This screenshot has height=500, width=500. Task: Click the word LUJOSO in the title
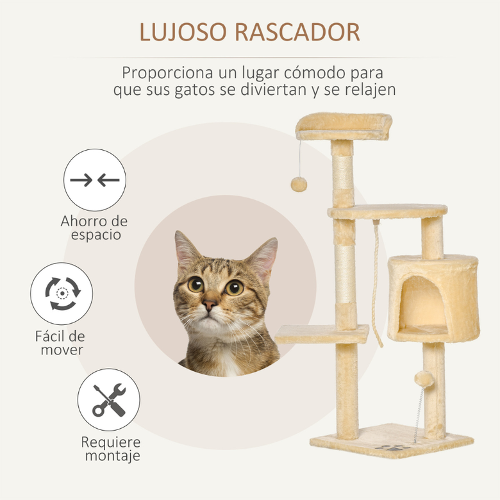(x=179, y=32)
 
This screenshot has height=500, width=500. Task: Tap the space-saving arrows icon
(x=95, y=180)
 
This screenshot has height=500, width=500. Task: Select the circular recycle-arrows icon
(x=62, y=294)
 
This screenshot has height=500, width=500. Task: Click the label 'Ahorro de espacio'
(x=94, y=228)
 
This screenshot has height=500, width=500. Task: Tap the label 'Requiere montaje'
(x=110, y=449)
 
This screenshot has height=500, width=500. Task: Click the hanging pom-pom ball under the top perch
(x=299, y=184)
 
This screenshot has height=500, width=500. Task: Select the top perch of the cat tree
(x=344, y=125)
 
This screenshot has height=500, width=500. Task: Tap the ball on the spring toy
(x=423, y=379)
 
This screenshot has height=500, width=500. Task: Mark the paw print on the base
(x=390, y=446)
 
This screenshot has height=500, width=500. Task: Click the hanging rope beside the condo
(x=376, y=282)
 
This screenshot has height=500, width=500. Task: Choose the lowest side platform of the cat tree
(x=322, y=333)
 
